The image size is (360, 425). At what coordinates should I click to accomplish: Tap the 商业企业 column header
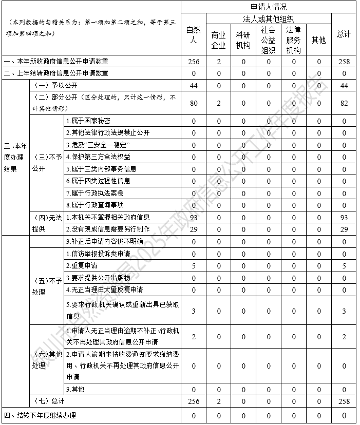click(x=218, y=40)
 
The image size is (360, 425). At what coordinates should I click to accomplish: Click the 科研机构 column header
click(x=243, y=40)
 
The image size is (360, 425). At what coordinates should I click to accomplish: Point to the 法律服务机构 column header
click(x=294, y=40)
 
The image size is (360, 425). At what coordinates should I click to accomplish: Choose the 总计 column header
click(x=344, y=34)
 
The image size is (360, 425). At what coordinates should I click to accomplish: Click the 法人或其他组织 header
click(x=269, y=19)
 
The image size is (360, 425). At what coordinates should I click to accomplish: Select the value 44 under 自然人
click(x=193, y=85)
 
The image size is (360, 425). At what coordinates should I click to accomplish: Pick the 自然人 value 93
click(x=193, y=218)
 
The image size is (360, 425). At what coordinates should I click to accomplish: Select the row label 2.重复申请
click(x=82, y=265)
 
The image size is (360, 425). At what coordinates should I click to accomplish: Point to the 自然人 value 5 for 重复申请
click(x=193, y=265)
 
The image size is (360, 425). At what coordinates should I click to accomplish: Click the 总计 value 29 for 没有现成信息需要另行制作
click(x=344, y=229)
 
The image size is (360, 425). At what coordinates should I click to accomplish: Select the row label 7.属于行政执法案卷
click(x=94, y=193)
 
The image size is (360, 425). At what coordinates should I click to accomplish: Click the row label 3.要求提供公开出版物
click(x=98, y=278)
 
